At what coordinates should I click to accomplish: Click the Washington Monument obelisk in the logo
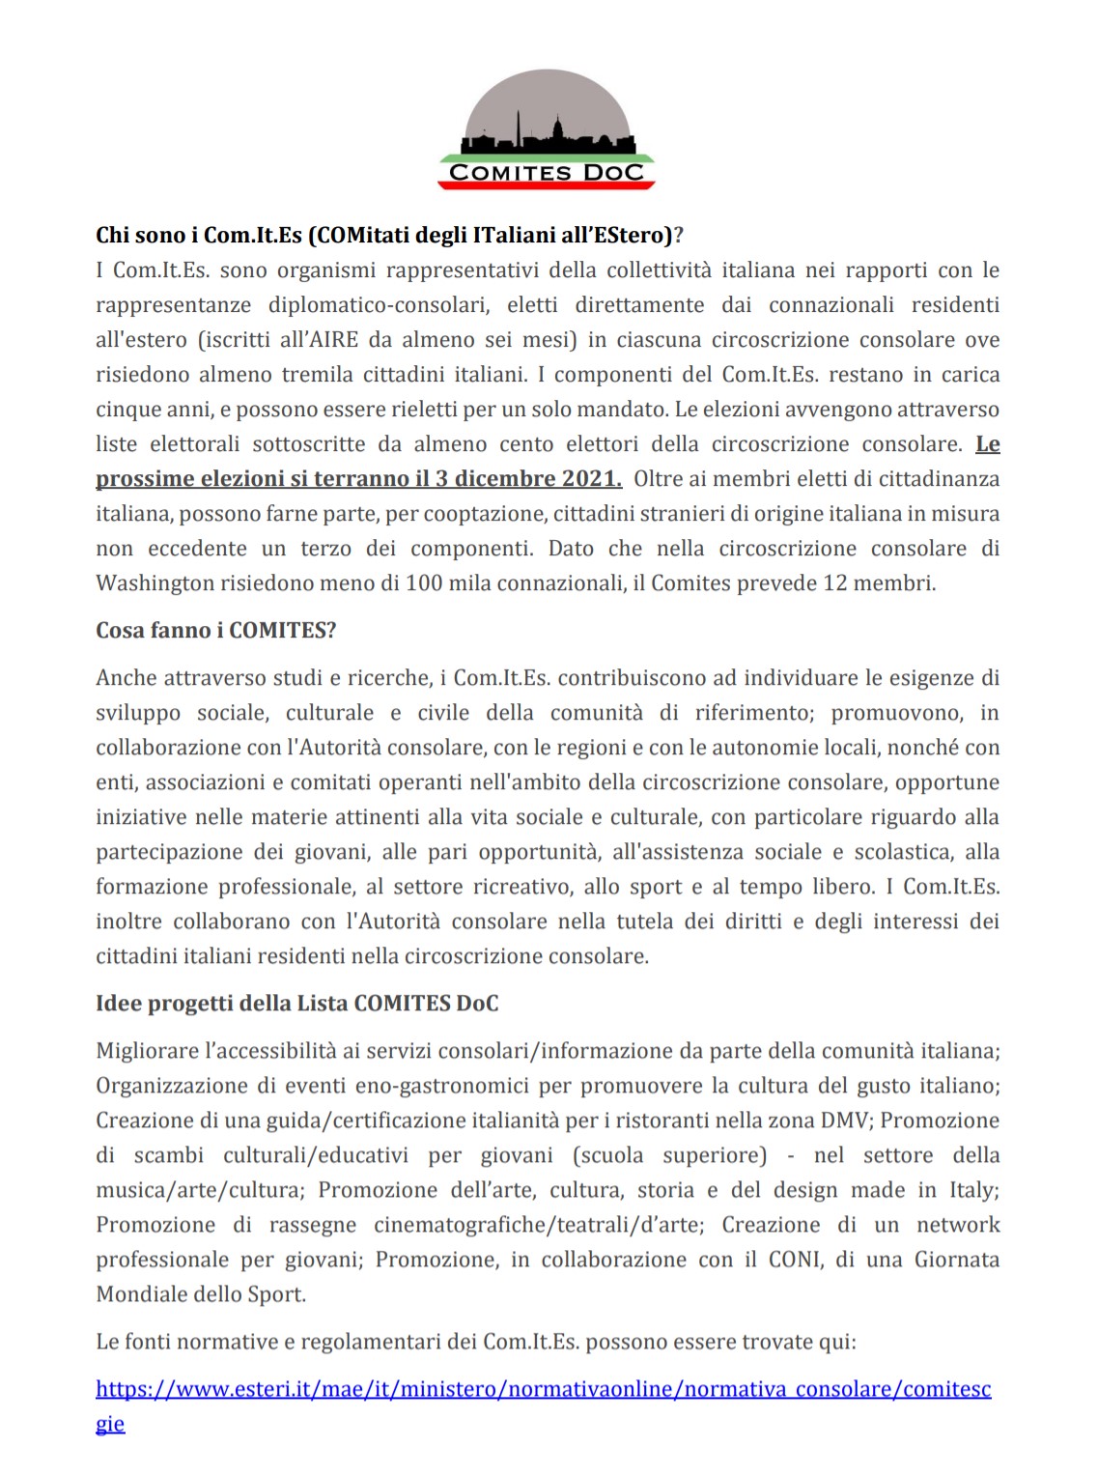[x=518, y=127]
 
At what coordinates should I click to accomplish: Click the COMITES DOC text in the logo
[x=547, y=173]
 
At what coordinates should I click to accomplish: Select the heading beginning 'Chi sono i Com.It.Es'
[x=389, y=235]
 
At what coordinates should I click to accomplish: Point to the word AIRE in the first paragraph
[x=334, y=339]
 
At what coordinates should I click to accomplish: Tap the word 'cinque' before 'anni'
[x=127, y=409]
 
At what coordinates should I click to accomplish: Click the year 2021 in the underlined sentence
[x=591, y=478]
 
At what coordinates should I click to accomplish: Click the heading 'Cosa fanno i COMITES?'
[x=216, y=630]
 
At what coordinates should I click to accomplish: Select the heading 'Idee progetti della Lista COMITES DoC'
[x=297, y=1003]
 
